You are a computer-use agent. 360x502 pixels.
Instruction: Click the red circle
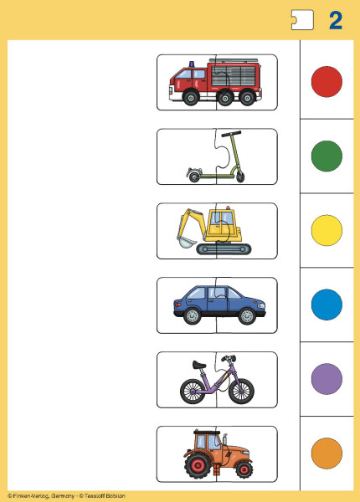pyautogui.click(x=327, y=82)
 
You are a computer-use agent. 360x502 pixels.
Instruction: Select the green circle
pyautogui.click(x=327, y=156)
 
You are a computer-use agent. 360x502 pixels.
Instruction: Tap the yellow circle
pyautogui.click(x=327, y=230)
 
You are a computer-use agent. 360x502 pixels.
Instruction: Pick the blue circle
pyautogui.click(x=327, y=305)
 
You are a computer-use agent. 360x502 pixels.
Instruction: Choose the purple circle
pyautogui.click(x=327, y=379)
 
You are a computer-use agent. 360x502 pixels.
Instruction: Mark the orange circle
pyautogui.click(x=327, y=453)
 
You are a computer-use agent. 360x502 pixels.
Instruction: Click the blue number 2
pyautogui.click(x=336, y=20)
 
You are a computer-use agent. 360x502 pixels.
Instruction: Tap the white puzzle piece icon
pyautogui.click(x=302, y=20)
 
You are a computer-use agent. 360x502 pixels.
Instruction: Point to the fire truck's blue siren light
pyautogui.click(x=192, y=64)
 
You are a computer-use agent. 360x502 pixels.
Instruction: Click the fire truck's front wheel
pyautogui.click(x=191, y=97)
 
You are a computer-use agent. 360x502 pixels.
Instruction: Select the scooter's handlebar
pyautogui.click(x=230, y=133)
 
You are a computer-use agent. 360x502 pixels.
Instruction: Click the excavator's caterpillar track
pyautogui.click(x=224, y=248)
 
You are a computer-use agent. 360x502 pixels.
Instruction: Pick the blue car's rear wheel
pyautogui.click(x=193, y=316)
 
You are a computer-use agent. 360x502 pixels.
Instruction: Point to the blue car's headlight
pyautogui.click(x=261, y=305)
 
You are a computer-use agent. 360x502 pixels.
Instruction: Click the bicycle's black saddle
pyautogui.click(x=199, y=364)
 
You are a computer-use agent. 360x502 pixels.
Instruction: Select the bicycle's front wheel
pyautogui.click(x=241, y=392)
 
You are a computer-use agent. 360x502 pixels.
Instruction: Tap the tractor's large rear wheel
pyautogui.click(x=198, y=464)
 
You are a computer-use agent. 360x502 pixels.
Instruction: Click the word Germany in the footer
pyautogui.click(x=63, y=496)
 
